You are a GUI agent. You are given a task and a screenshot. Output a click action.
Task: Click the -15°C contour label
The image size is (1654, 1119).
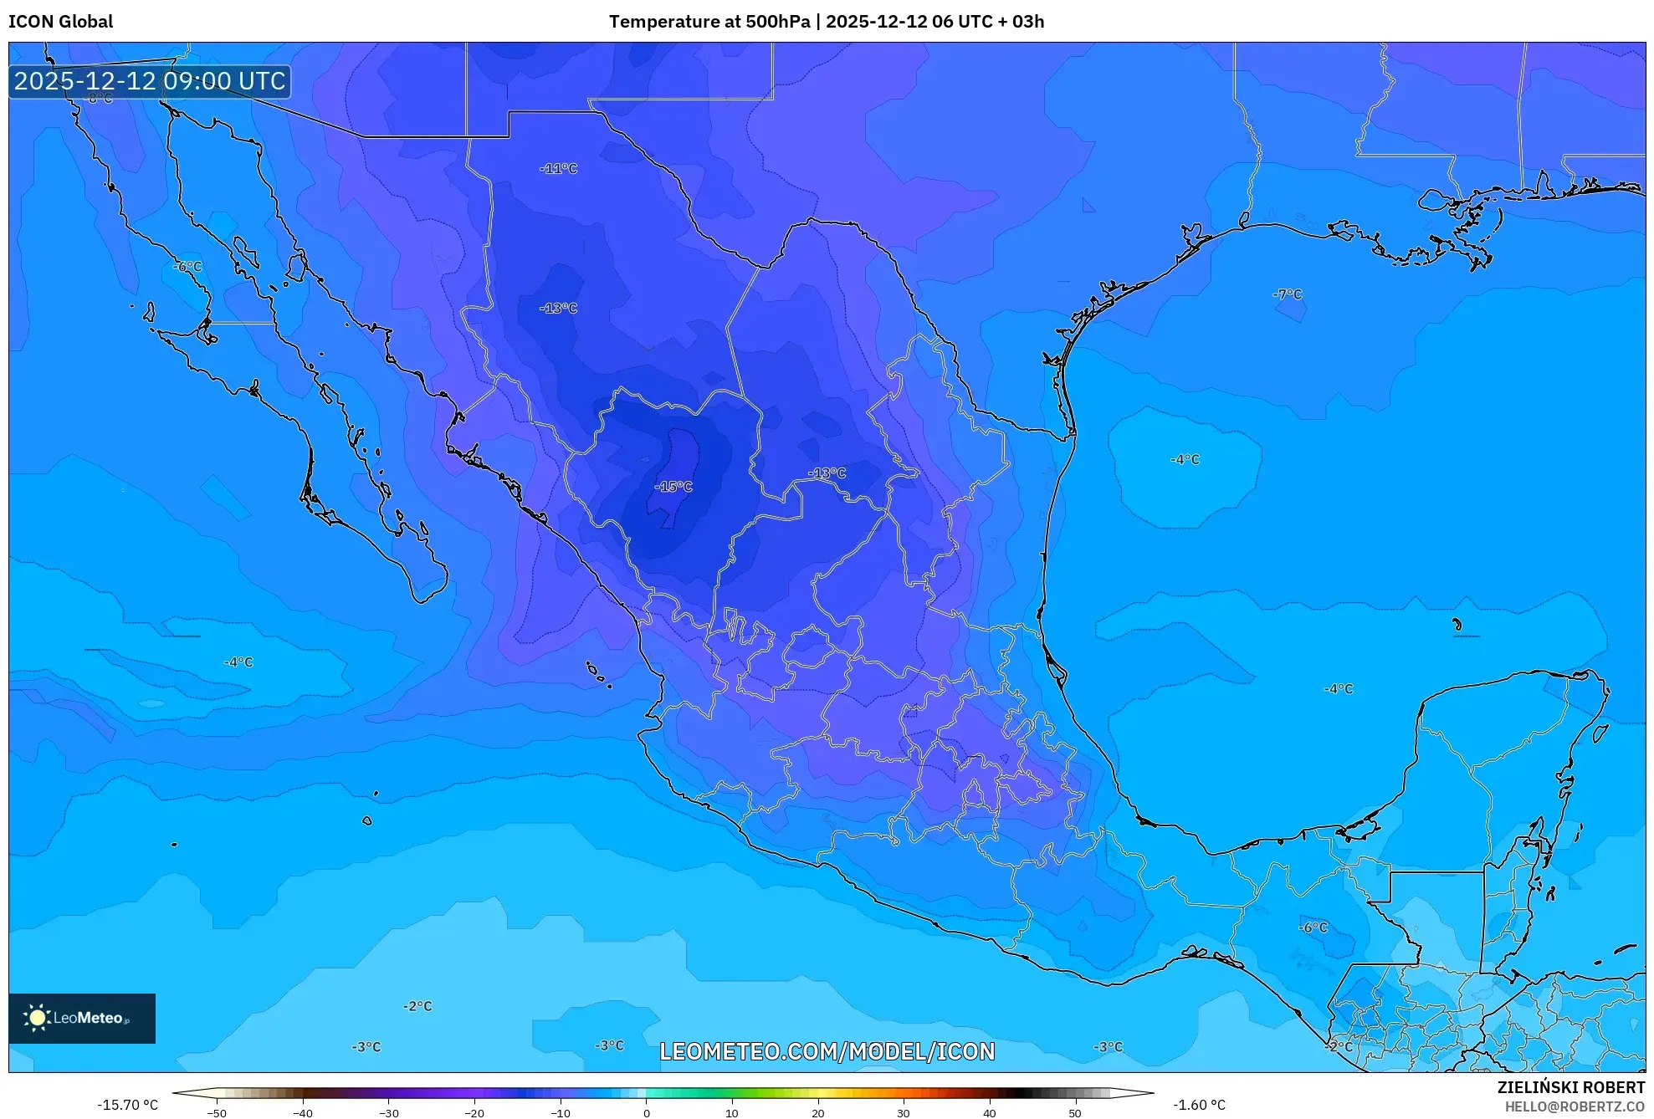tap(673, 487)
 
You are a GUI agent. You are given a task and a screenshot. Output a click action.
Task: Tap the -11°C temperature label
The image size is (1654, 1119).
tap(558, 169)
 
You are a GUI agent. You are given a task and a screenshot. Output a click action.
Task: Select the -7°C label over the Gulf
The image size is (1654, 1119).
tap(1288, 294)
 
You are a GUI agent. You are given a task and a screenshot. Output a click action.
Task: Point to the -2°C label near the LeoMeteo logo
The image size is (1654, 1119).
tap(417, 1006)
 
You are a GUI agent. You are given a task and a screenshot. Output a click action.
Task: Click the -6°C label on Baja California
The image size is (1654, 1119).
tap(187, 267)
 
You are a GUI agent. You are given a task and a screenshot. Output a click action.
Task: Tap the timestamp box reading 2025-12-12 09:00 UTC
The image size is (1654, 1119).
tap(150, 81)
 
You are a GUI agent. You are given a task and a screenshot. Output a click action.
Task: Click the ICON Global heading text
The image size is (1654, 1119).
tap(60, 22)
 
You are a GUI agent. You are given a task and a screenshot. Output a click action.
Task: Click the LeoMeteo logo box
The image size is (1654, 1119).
tap(82, 1018)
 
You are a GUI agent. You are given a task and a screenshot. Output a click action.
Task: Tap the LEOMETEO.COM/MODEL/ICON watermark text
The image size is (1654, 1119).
tap(827, 1051)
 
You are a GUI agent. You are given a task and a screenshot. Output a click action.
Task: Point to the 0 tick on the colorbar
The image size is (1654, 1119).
tap(646, 1113)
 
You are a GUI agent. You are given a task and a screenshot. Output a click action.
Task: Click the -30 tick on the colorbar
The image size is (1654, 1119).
tap(388, 1113)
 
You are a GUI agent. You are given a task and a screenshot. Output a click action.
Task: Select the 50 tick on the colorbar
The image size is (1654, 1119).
tap(1075, 1113)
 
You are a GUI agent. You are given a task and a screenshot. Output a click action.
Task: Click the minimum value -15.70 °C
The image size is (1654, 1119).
tap(127, 1105)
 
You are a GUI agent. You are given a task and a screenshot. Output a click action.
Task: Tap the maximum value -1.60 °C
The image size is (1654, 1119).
tap(1199, 1105)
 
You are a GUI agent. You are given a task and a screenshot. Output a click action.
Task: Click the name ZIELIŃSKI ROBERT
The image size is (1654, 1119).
tap(1570, 1087)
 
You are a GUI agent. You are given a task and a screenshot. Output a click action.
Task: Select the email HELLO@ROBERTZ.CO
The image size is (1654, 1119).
tap(1575, 1106)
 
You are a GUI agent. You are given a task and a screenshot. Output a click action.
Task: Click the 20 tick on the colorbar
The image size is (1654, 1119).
tap(817, 1113)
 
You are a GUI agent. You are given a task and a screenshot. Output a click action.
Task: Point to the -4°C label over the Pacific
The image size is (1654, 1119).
tap(238, 662)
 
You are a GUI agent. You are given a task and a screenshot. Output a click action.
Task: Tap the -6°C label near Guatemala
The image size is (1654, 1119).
tap(1313, 927)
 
